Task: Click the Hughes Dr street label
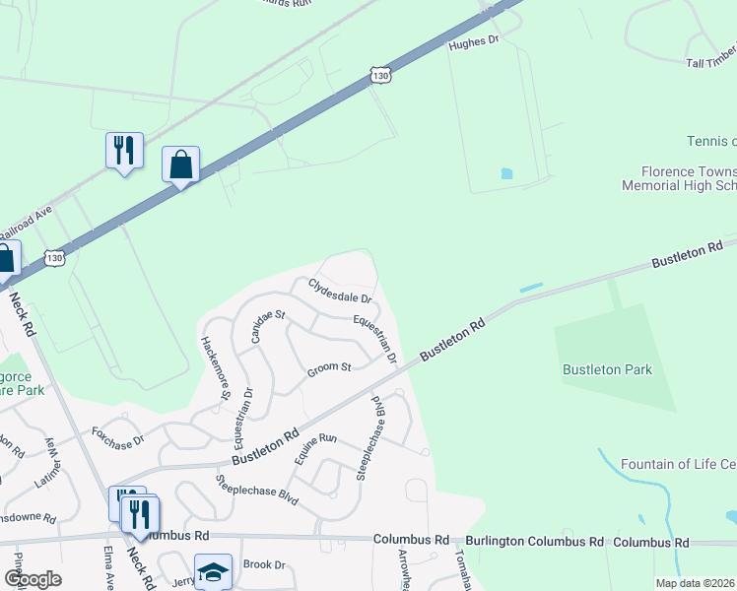[474, 43]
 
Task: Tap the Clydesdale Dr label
[340, 291]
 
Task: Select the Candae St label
[267, 323]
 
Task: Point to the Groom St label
[329, 369]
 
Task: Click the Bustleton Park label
[608, 370]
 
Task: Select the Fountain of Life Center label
[679, 464]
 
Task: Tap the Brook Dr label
[263, 565]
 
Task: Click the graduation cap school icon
[213, 570]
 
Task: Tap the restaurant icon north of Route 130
[124, 150]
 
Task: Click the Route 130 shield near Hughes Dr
[382, 75]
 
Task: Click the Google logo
[33, 579]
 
